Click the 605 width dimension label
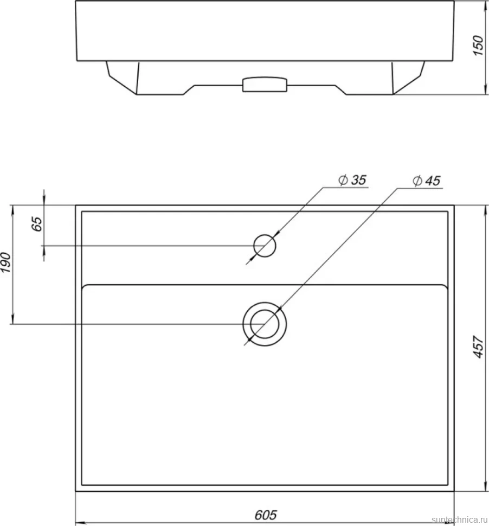(266, 515)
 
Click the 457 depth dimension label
(478, 347)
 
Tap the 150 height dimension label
(478, 46)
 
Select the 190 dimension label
(7, 262)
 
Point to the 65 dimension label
(37, 224)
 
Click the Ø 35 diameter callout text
(352, 180)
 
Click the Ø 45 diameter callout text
(426, 181)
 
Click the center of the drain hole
(265, 324)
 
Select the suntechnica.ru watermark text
(460, 519)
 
